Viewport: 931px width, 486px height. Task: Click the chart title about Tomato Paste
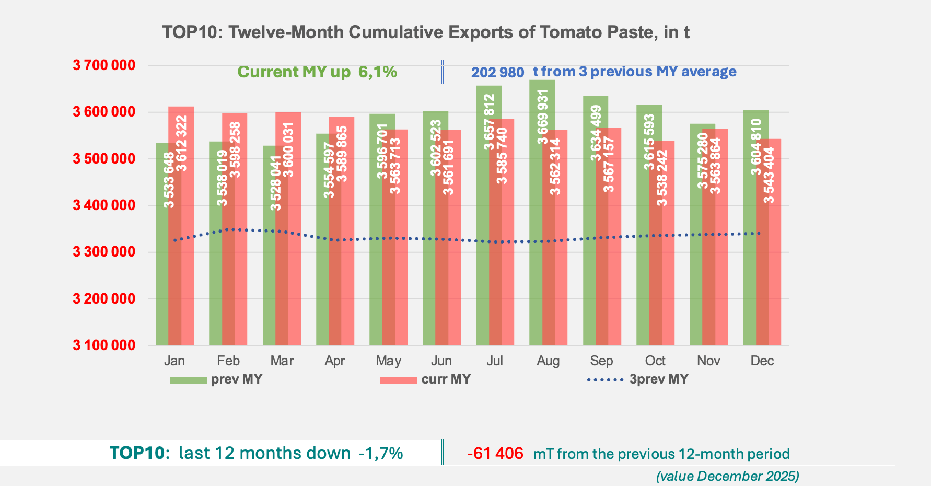coord(425,32)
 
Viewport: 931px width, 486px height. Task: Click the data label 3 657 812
coord(489,122)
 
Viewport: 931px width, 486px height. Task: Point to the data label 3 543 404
coord(769,177)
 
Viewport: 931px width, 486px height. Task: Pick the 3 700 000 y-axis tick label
coord(103,65)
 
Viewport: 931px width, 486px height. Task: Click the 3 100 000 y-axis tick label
coord(103,345)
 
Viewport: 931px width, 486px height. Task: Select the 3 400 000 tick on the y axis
coord(103,205)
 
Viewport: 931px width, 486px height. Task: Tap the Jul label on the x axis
coord(494,361)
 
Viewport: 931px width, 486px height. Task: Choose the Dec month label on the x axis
coord(762,361)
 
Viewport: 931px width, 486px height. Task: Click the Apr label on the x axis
coord(334,361)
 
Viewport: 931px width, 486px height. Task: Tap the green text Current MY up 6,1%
coord(317,72)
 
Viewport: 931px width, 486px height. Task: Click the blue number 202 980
coord(497,73)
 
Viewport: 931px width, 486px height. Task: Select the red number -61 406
coord(495,454)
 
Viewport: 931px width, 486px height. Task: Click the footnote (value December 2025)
coord(727,476)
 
